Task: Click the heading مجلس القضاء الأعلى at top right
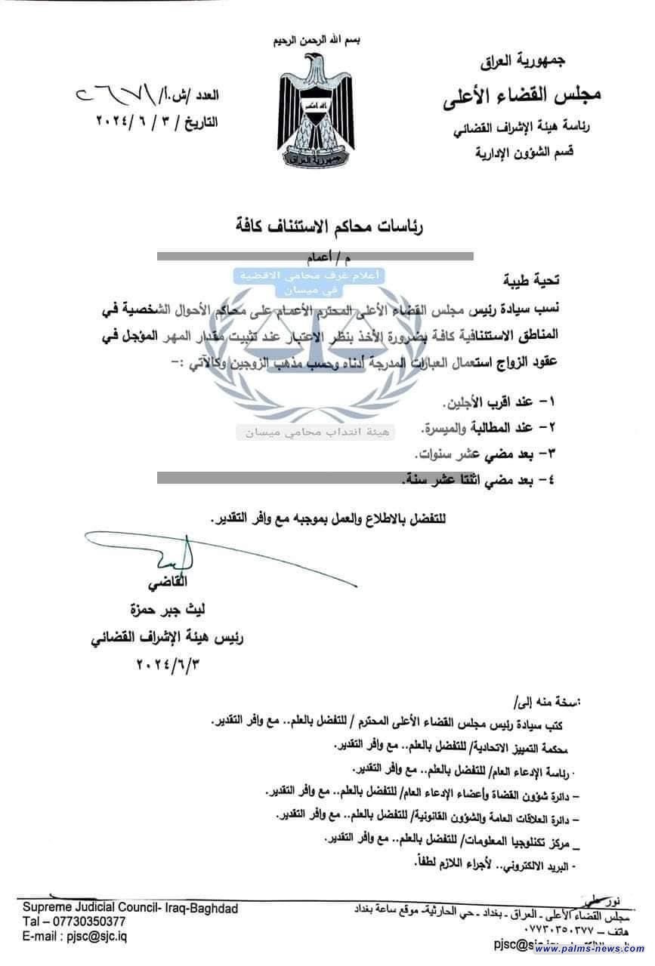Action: (x=520, y=96)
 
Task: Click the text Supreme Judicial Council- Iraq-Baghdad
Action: (x=129, y=909)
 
